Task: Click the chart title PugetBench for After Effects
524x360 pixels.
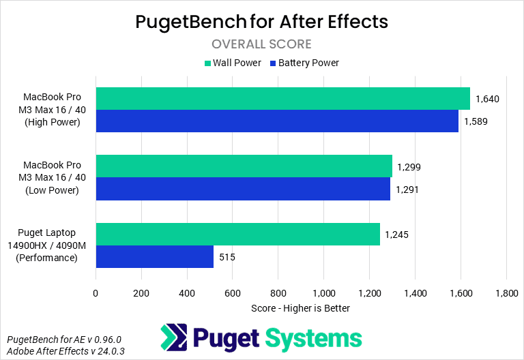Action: click(261, 21)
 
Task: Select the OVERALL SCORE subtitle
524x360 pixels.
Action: click(261, 44)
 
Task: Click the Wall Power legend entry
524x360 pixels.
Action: click(233, 63)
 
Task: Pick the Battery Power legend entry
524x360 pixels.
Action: click(304, 63)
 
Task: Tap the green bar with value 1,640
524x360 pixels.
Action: click(282, 99)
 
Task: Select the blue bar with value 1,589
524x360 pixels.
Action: click(277, 121)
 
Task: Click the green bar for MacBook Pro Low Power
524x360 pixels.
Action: click(244, 166)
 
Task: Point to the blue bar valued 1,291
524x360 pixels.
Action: click(243, 189)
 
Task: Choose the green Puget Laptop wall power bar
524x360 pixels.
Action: click(237, 234)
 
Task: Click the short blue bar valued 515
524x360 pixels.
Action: click(154, 256)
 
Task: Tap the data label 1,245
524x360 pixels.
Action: click(396, 235)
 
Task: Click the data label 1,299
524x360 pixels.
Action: click(409, 167)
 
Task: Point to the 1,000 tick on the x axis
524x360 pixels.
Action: click(323, 292)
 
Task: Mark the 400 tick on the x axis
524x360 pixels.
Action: click(186, 292)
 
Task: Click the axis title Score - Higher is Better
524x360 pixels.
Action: click(300, 308)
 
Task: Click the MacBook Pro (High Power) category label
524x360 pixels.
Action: click(52, 110)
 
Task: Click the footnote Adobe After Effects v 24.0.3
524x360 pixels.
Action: click(65, 351)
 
